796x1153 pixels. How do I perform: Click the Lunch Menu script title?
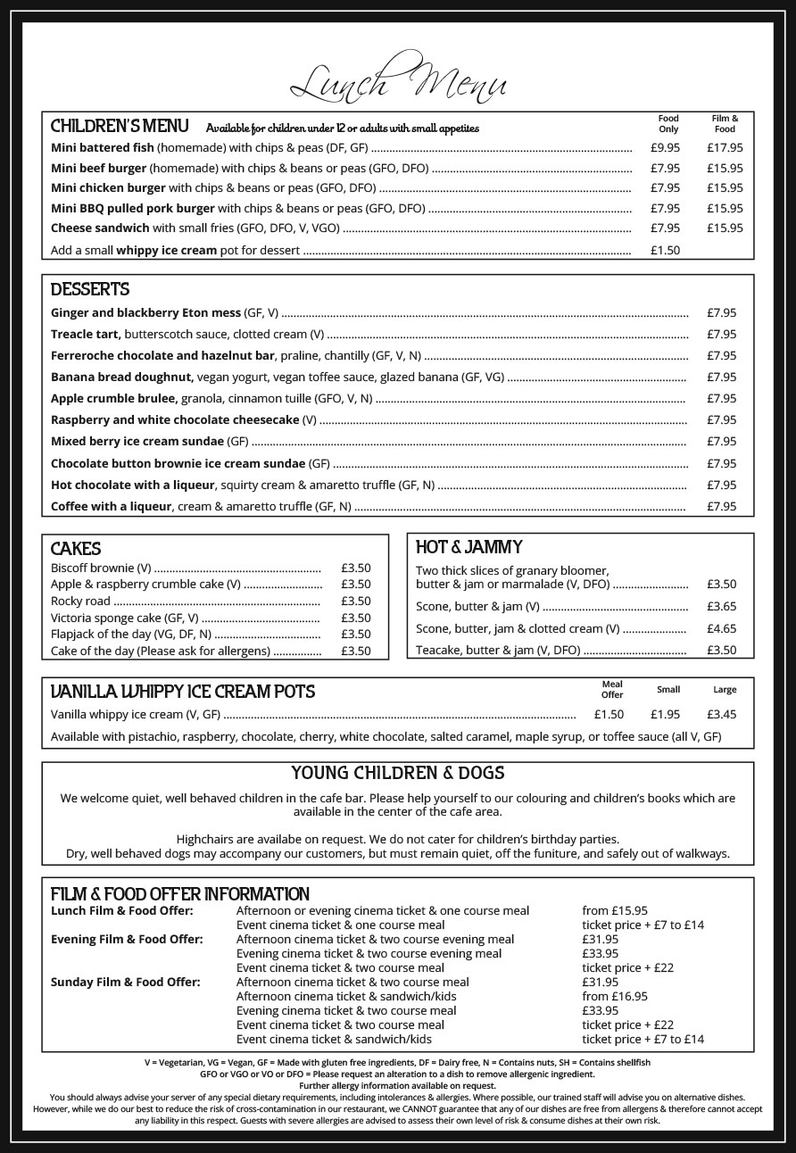point(398,85)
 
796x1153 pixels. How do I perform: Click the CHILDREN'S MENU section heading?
point(120,125)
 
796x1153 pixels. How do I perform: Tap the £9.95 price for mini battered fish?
point(665,148)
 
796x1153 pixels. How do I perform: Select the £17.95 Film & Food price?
point(725,148)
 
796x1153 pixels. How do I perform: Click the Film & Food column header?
point(725,123)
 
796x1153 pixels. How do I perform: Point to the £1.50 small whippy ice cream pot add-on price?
point(665,251)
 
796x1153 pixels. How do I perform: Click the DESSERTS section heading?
point(90,289)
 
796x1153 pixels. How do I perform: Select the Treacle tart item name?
point(86,335)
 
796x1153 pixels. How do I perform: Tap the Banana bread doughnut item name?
point(121,377)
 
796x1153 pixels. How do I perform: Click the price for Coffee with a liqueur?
point(721,507)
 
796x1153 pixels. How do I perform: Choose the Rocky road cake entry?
point(80,601)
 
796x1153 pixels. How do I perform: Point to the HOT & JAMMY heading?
point(469,547)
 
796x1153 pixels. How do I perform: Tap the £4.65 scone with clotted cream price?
point(721,629)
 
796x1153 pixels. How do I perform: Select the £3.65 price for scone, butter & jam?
point(721,607)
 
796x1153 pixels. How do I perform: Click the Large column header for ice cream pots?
point(725,690)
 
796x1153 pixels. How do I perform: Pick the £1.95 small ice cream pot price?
point(665,715)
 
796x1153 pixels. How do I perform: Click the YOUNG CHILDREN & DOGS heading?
point(398,773)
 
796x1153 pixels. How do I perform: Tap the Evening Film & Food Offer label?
point(127,940)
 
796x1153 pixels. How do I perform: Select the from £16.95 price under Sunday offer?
point(615,997)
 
